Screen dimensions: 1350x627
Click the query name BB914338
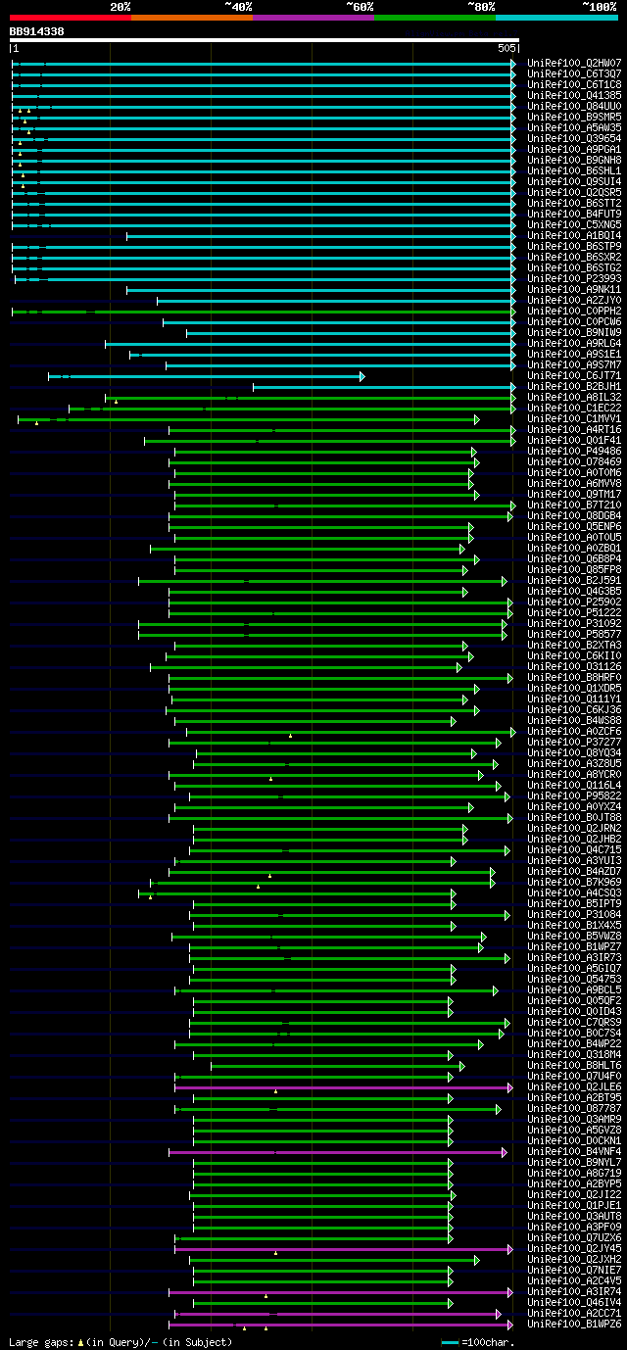pyautogui.click(x=36, y=31)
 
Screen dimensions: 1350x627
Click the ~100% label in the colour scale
pyautogui.click(x=599, y=6)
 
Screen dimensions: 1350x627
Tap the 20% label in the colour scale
pyautogui.click(x=121, y=6)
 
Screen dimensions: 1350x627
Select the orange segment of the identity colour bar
pyautogui.click(x=191, y=17)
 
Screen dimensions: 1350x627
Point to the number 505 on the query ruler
pyautogui.click(x=506, y=47)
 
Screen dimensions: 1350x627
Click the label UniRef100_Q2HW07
pyautogui.click(x=574, y=63)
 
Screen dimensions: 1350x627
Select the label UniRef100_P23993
pyautogui.click(x=574, y=278)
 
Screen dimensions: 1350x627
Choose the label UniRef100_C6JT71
pyautogui.click(x=574, y=375)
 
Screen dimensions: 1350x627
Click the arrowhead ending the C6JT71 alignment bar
pyautogui.click(x=362, y=376)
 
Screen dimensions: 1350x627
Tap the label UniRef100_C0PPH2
pyautogui.click(x=574, y=311)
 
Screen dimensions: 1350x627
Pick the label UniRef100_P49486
pyautogui.click(x=574, y=451)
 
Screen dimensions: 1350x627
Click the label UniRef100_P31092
pyautogui.click(x=574, y=623)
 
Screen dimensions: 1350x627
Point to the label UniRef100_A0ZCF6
pyautogui.click(x=574, y=731)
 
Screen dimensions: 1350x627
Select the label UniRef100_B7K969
pyautogui.click(x=574, y=882)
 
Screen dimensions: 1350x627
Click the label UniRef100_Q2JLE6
pyautogui.click(x=574, y=1086)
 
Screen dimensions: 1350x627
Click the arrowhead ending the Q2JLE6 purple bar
pyautogui.click(x=510, y=1087)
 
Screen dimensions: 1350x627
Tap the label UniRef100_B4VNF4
pyautogui.click(x=574, y=1151)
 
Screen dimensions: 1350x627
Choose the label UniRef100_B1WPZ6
pyautogui.click(x=574, y=1324)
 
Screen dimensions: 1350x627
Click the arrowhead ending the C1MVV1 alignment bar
pyautogui.click(x=477, y=419)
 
